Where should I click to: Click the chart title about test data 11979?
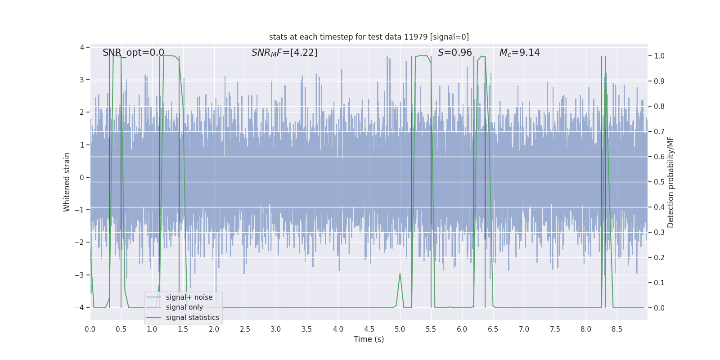tap(369, 37)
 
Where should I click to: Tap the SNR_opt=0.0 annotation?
tap(133, 53)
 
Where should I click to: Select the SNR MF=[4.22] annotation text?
tap(284, 53)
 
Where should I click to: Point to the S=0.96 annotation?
tap(454, 53)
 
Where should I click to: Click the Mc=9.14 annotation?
tap(519, 53)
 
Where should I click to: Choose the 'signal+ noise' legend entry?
tap(189, 297)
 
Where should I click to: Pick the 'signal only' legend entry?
tap(184, 307)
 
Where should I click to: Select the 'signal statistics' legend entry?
tap(192, 318)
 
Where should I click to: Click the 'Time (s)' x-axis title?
tap(369, 339)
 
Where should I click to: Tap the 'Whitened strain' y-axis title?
tap(67, 182)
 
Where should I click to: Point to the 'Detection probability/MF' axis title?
tap(670, 182)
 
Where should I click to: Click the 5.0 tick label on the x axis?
tap(400, 329)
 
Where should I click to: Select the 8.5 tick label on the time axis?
tap(616, 329)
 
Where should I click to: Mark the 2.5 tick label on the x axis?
tap(245, 329)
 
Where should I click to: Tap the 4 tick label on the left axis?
tap(82, 47)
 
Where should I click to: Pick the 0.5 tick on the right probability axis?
tap(659, 182)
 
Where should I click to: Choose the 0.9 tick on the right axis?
tap(659, 81)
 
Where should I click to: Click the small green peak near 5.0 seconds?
tap(400, 274)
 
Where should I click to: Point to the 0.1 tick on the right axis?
tap(659, 283)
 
